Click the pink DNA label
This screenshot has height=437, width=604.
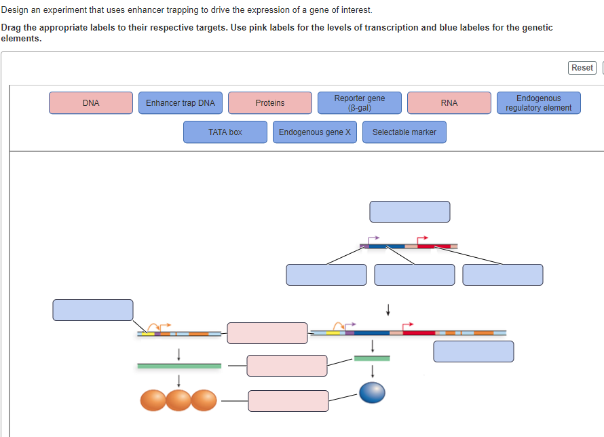click(x=91, y=103)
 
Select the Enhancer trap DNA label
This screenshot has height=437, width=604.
click(x=181, y=103)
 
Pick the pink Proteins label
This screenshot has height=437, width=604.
click(x=270, y=103)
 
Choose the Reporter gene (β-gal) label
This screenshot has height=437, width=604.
click(x=360, y=103)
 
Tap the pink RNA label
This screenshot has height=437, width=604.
click(x=449, y=103)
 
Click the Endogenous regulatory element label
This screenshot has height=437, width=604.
click(x=539, y=103)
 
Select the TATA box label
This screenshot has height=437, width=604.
click(x=225, y=132)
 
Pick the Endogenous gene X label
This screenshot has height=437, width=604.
click(x=315, y=132)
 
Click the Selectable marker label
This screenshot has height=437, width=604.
click(x=404, y=132)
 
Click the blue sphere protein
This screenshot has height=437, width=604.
click(x=372, y=392)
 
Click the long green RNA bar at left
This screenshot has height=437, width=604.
click(x=179, y=366)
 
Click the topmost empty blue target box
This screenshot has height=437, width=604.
click(x=410, y=212)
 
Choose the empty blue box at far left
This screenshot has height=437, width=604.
click(x=93, y=310)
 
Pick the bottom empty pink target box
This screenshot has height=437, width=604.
click(x=288, y=401)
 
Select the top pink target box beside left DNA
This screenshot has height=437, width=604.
click(x=267, y=333)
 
